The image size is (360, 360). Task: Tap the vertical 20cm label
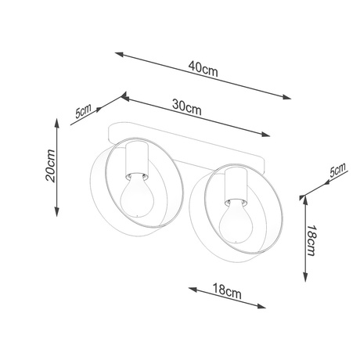coord(49,165)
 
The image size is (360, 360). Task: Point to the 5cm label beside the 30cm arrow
coord(83,110)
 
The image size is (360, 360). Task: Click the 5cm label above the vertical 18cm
coord(337,172)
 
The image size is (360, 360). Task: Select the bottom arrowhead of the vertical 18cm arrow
coord(304,283)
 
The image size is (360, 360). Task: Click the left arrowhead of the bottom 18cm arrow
coord(191,286)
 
